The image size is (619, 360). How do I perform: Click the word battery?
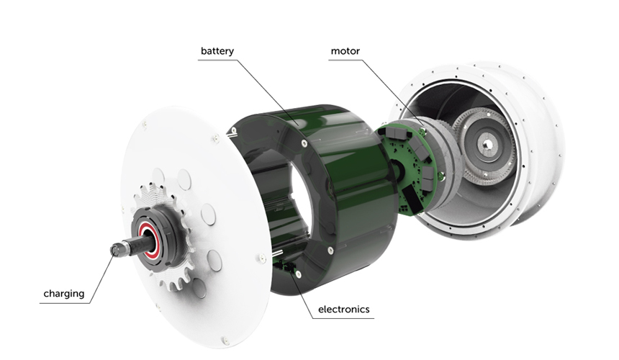click(217, 51)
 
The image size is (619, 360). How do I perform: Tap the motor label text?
click(345, 51)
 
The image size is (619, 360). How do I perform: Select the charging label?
click(64, 294)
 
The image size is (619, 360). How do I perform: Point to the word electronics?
click(344, 309)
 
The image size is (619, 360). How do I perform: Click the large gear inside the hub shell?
click(485, 145)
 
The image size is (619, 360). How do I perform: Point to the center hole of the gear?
click(487, 145)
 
